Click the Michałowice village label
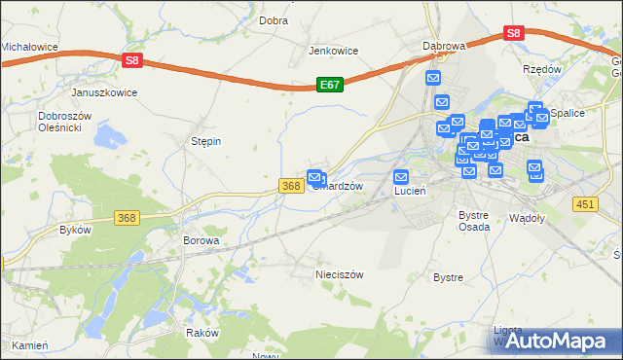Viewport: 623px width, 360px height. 29,46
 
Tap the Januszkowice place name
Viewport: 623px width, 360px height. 104,92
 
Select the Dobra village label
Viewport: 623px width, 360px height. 274,19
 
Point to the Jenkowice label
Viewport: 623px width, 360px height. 334,51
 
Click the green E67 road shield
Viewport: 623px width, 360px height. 329,86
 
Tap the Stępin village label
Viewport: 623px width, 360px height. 205,141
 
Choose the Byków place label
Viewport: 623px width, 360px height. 75,230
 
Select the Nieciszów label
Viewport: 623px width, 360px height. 339,274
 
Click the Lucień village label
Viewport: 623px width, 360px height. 410,192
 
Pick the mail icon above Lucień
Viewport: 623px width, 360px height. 401,177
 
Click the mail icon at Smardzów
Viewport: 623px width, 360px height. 315,177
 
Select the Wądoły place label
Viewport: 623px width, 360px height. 528,218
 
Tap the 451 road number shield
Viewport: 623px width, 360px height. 585,203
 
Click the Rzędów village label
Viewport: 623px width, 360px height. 542,69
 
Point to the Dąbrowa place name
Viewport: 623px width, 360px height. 444,46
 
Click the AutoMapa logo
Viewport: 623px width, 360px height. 563,341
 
